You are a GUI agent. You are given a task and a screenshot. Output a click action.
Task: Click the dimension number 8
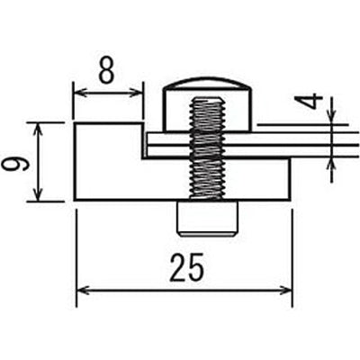[x=106, y=72]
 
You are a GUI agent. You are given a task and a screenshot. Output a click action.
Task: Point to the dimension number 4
[x=309, y=101]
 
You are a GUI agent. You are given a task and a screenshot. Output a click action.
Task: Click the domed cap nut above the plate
[x=207, y=105]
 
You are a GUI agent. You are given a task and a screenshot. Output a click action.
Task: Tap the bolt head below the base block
[x=207, y=219]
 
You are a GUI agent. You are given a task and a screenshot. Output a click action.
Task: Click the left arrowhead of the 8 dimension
[x=78, y=93]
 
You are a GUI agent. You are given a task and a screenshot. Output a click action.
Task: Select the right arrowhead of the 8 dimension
[x=137, y=93]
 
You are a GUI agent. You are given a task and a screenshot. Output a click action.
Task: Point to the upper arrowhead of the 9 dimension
[x=38, y=130]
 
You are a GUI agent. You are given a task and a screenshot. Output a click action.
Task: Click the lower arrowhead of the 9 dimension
[x=38, y=194]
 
